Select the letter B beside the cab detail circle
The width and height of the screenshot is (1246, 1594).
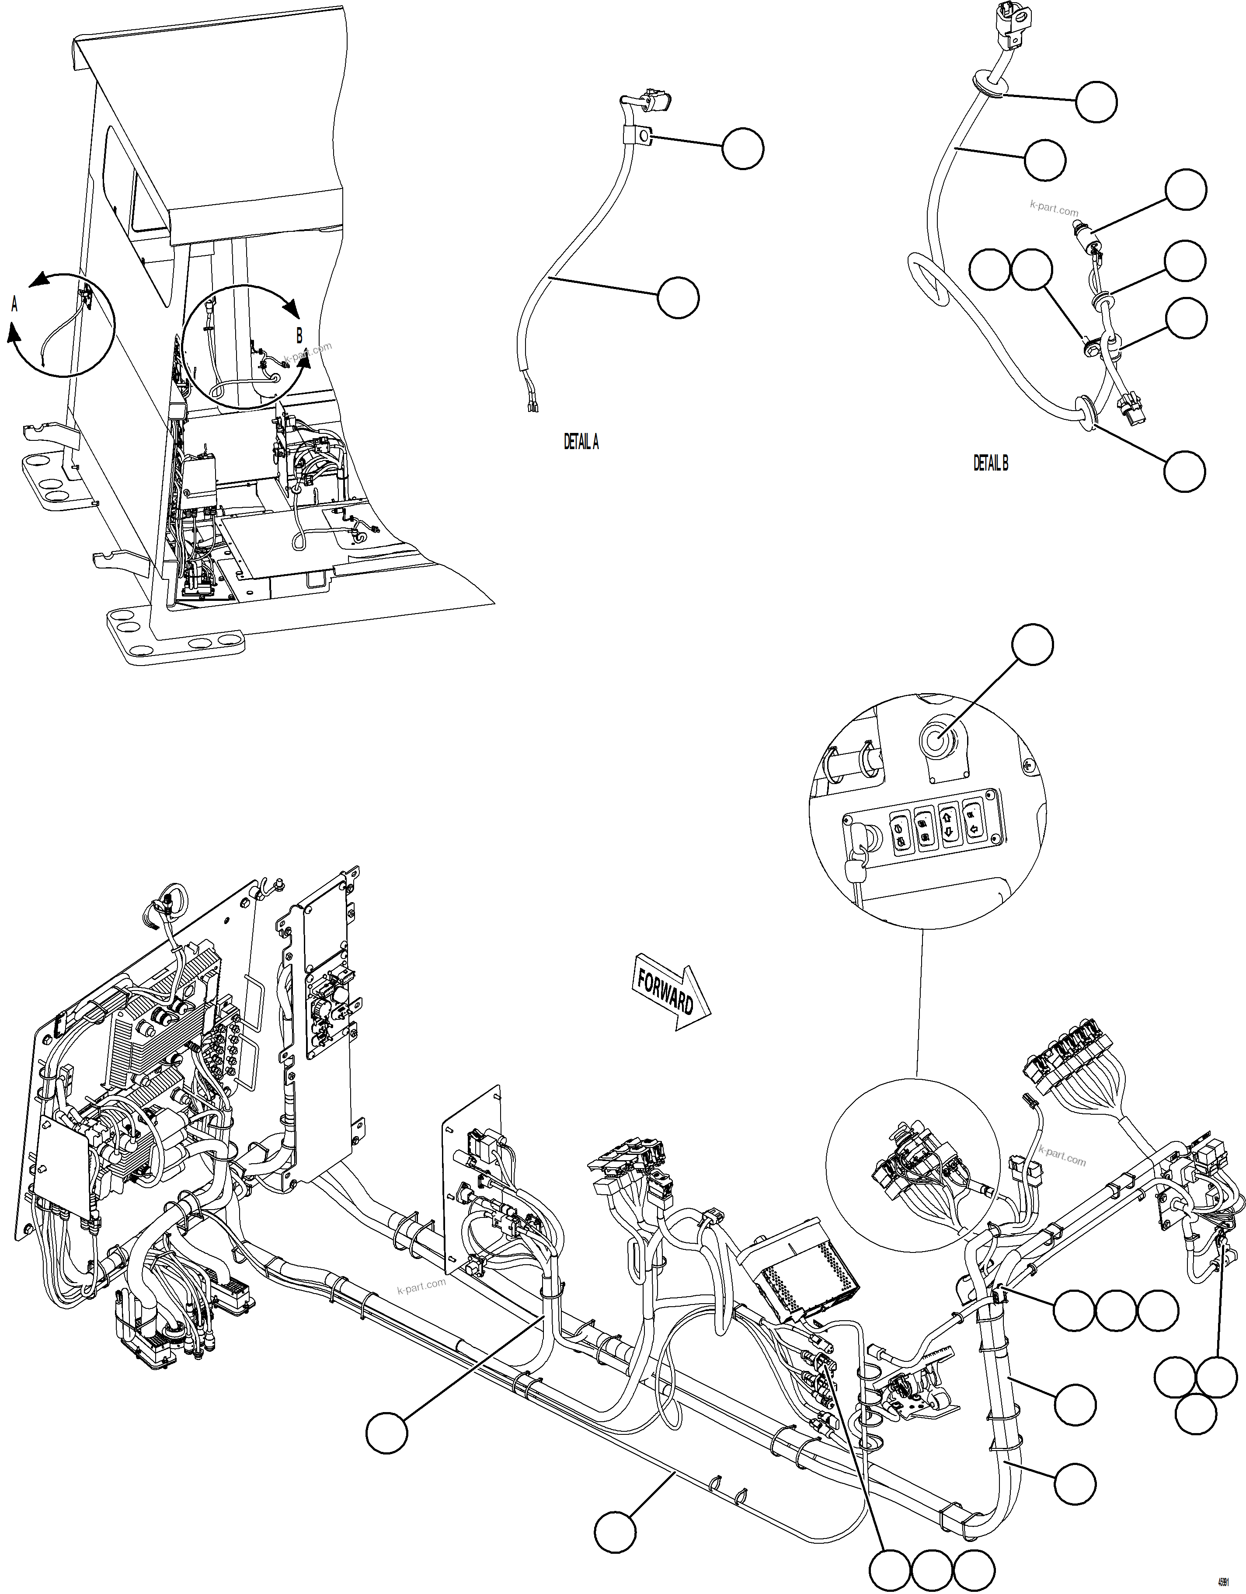tap(299, 336)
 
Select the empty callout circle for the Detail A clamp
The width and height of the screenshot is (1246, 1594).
tap(743, 149)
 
